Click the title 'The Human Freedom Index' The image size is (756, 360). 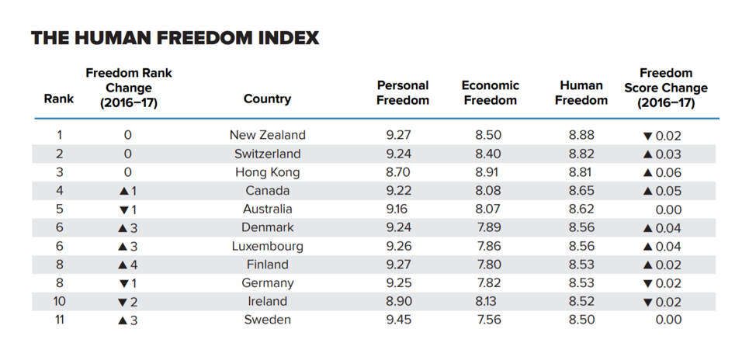[x=175, y=38]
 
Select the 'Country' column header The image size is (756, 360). [x=267, y=99]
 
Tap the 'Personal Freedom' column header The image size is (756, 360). [x=403, y=92]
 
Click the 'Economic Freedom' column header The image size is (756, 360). [x=490, y=92]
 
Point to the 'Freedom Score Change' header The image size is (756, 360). [x=665, y=88]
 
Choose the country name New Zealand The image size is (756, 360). [x=267, y=135]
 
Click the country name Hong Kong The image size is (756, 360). [x=267, y=172]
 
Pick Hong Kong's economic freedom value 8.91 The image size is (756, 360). [x=489, y=172]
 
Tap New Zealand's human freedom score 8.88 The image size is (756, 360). [x=581, y=135]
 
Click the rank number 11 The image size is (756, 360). [x=59, y=320]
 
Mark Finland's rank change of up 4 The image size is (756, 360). [x=128, y=265]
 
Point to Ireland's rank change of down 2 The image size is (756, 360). [x=128, y=302]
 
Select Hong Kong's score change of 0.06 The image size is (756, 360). [x=662, y=172]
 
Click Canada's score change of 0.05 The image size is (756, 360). [x=662, y=191]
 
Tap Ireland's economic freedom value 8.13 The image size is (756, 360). [x=489, y=301]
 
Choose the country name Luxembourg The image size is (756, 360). [x=267, y=246]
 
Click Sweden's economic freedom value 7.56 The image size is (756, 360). [x=489, y=320]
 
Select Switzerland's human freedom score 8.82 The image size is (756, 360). [x=581, y=154]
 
